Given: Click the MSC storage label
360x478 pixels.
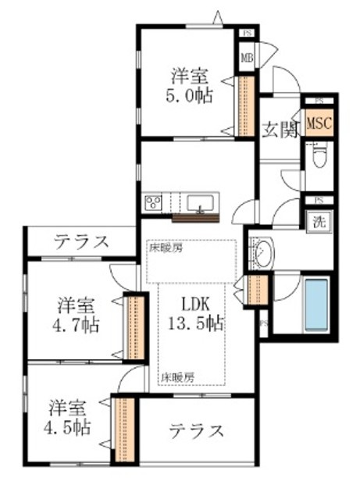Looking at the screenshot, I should point(318,124).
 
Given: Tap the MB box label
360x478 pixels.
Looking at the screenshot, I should point(247,57).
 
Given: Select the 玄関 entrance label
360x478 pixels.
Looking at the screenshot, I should point(280,130).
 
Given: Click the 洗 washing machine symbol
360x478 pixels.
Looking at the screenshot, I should point(320,221).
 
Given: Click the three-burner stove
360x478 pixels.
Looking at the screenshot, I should point(153,203).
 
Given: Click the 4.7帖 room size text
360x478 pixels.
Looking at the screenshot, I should point(77,324).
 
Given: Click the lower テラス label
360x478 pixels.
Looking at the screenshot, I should point(196,430).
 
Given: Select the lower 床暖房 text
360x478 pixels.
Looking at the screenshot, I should point(179,376).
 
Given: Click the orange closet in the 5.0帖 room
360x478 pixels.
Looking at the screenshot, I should point(244,106).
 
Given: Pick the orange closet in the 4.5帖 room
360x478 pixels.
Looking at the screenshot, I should point(124,432).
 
